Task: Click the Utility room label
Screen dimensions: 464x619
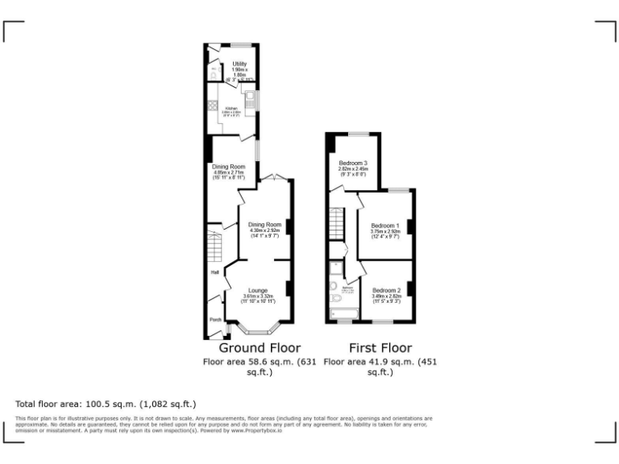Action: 239,64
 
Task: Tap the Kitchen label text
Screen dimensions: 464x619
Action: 231,108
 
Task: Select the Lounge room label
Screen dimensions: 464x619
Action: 258,290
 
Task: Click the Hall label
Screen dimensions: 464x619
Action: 215,272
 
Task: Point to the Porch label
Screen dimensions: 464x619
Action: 215,320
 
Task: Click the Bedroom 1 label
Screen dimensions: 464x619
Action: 385,226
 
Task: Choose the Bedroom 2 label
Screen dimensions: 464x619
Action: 386,290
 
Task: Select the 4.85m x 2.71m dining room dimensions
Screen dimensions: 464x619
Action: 230,172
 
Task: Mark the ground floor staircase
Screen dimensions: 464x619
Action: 214,245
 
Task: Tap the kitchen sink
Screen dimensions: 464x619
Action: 251,100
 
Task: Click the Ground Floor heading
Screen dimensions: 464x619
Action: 260,348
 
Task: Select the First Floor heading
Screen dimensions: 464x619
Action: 380,348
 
